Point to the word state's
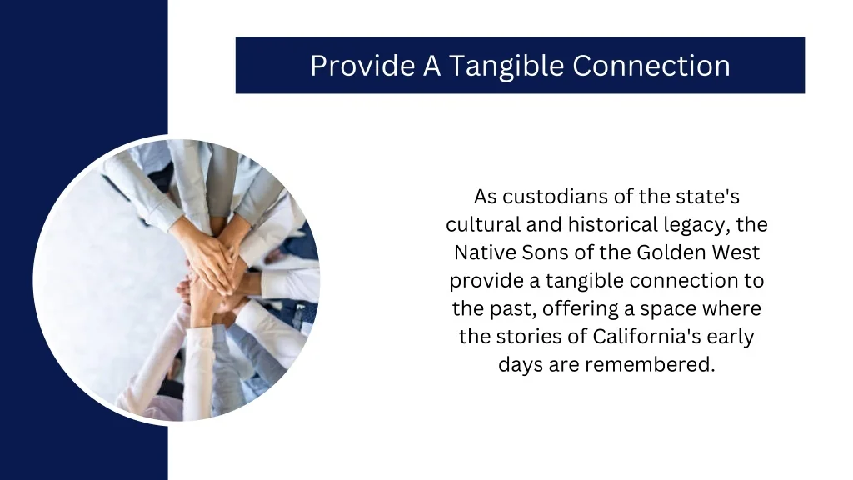[707, 197]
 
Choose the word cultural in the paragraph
[483, 224]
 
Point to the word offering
[580, 308]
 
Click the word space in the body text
[672, 308]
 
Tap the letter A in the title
[431, 66]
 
